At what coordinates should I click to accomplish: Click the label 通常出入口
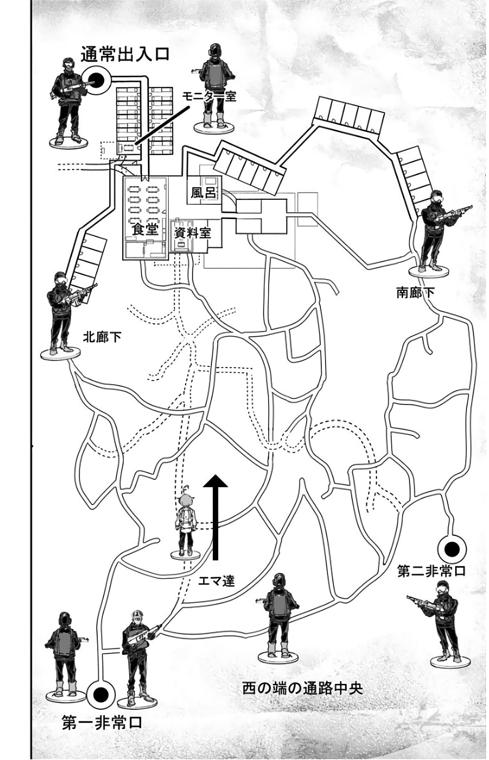124,54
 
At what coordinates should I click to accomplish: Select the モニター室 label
209,97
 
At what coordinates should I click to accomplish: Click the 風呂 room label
203,193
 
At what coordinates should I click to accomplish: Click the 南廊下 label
415,293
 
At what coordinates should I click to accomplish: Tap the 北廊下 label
102,337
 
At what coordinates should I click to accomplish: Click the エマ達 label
216,581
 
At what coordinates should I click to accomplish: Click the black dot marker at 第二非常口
452,549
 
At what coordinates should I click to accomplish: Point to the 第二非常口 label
431,572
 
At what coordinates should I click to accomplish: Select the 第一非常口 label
102,723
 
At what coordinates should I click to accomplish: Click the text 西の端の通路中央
303,688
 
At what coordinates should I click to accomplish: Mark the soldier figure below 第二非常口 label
442,620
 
